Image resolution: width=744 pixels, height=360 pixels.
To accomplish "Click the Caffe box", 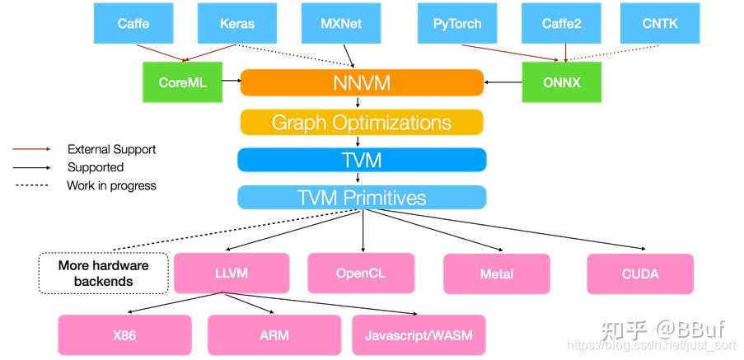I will click(x=133, y=23).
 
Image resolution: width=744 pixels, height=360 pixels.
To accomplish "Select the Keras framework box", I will click(x=236, y=23).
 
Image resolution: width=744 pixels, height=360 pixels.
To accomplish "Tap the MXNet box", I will click(x=340, y=23).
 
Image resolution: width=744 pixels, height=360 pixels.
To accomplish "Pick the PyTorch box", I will click(x=457, y=23).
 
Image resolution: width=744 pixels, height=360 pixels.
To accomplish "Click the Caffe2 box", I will click(x=561, y=23).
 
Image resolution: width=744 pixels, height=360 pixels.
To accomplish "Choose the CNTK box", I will click(x=659, y=23).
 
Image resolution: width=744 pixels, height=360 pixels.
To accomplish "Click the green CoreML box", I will click(x=182, y=83).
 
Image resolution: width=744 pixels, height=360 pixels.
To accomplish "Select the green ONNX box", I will click(x=561, y=83).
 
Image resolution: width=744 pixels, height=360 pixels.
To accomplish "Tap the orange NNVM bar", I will click(x=361, y=83).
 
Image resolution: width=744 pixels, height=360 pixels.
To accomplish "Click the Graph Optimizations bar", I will click(x=361, y=123).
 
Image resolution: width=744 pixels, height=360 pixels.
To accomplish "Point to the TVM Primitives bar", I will click(x=361, y=198).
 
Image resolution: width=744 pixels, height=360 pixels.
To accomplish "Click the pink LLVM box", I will click(x=232, y=274).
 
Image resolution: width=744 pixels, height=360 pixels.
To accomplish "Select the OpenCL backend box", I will click(x=360, y=274).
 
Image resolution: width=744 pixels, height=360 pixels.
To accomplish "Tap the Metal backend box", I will click(x=496, y=274).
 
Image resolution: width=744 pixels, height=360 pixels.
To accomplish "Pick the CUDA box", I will click(x=639, y=274).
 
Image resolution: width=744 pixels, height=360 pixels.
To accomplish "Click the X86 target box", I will click(x=124, y=335).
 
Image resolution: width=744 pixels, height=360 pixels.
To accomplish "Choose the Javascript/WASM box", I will click(x=419, y=335).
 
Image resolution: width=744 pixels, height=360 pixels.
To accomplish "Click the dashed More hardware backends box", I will click(x=103, y=274).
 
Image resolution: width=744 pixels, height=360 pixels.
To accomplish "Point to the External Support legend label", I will click(x=111, y=150).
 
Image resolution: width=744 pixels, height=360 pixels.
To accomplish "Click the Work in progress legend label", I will click(x=111, y=186).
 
